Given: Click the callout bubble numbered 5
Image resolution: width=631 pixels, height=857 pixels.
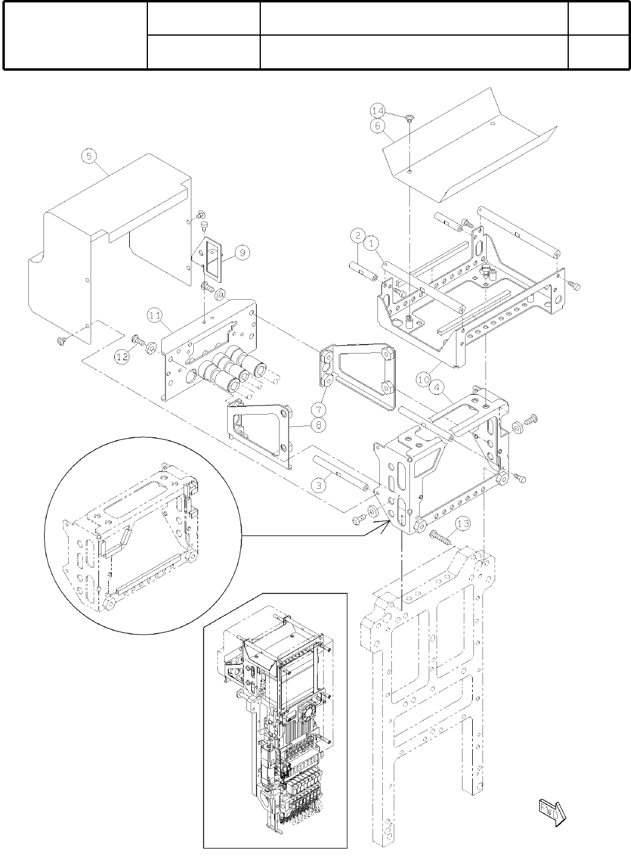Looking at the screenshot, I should tap(89, 156).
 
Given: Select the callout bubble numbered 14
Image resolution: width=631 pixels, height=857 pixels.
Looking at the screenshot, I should tap(377, 111).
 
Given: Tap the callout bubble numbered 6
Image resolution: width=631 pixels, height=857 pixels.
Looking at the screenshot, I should tap(377, 126).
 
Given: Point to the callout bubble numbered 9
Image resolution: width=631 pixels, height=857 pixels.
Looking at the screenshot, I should tap(240, 253).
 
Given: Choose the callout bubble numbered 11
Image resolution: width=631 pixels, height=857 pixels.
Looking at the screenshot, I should tap(155, 315).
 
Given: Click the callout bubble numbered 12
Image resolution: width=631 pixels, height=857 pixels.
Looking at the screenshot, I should tap(122, 357).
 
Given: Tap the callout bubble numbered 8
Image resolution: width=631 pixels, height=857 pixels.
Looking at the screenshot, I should tap(318, 425).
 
